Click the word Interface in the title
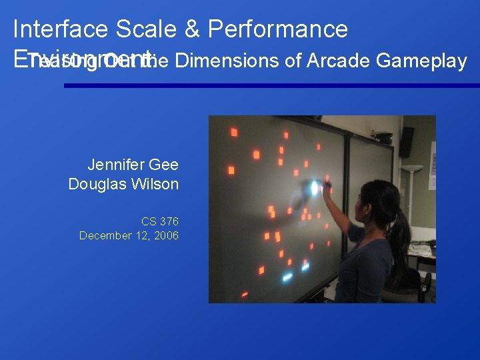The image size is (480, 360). pyautogui.click(x=60, y=29)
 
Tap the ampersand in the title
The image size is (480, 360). pyautogui.click(x=191, y=29)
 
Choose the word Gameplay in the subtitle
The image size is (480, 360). pyautogui.click(x=421, y=61)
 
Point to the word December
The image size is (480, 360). pyautogui.click(x=105, y=235)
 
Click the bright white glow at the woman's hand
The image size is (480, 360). pyautogui.click(x=314, y=188)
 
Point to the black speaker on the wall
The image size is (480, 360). pyautogui.click(x=406, y=142)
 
